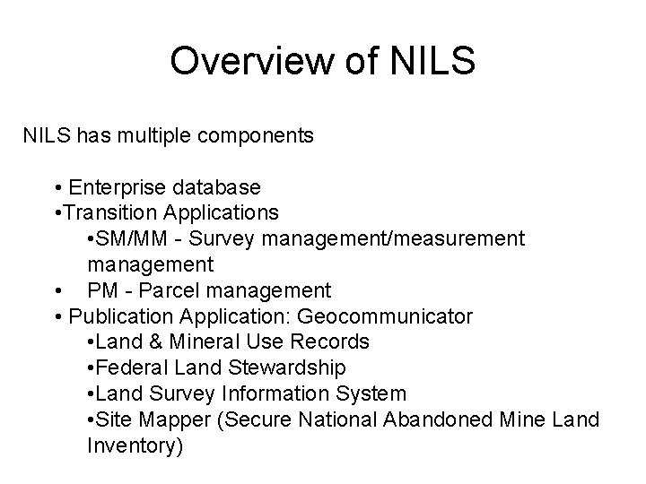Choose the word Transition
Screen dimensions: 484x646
pos(110,213)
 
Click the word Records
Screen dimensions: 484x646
pos(333,342)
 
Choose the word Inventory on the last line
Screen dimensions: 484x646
pos(135,445)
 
